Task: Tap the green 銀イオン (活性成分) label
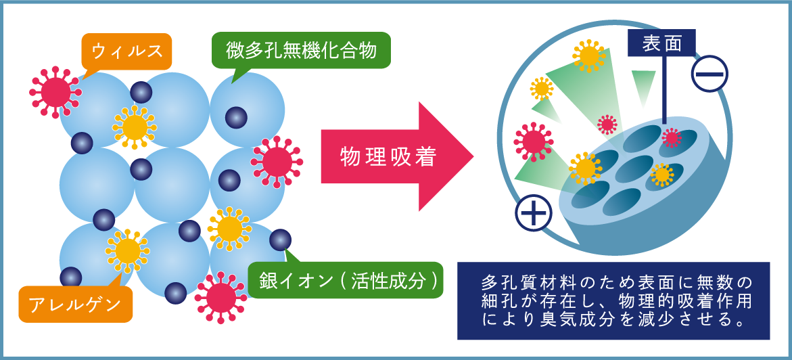click(x=346, y=279)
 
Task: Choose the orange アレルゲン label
click(x=75, y=305)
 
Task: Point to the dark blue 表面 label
click(x=661, y=43)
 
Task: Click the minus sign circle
click(x=709, y=73)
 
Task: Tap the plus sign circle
click(x=534, y=213)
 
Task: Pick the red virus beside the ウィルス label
click(x=55, y=92)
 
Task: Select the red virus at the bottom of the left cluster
click(x=220, y=297)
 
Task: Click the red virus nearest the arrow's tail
click(x=277, y=162)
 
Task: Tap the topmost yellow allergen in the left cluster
click(x=135, y=127)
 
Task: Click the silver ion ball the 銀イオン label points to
click(x=280, y=240)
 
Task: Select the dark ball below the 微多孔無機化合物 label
click(x=236, y=117)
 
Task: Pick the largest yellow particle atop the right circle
click(x=588, y=55)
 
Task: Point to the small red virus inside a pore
click(x=672, y=137)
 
